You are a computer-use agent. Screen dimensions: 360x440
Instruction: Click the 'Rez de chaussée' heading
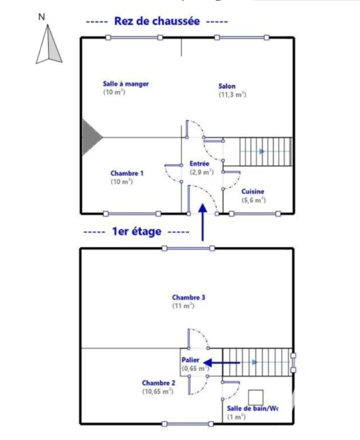pos(157,21)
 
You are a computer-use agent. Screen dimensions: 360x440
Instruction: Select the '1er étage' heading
pos(136,231)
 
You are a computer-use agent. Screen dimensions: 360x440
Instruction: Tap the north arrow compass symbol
pos(49,44)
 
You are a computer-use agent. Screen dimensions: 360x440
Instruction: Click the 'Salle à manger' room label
pos(126,84)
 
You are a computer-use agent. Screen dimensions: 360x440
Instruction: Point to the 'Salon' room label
pos(227,86)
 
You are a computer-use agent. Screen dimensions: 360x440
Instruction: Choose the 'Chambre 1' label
pos(127,173)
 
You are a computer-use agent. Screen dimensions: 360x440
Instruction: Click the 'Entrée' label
pos(199,164)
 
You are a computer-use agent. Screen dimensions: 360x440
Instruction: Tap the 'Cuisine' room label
pos(253,191)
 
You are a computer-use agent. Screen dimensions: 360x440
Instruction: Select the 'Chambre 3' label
pos(189,297)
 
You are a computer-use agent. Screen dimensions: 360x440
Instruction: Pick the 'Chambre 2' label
pos(159,383)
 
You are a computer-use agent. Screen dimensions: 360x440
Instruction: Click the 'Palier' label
pos(190,360)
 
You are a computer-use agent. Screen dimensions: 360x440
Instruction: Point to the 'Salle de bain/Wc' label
pos(252,408)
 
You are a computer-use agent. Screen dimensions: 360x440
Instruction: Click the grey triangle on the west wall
pos(91,137)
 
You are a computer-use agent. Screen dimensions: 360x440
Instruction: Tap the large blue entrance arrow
pos(202,222)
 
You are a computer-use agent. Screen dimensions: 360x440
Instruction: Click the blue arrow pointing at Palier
pos(221,363)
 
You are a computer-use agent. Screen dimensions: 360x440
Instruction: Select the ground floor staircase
pos(265,151)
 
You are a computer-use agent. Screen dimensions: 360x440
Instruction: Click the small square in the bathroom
pos(256,398)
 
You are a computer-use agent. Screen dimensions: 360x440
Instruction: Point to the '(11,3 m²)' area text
pos(233,95)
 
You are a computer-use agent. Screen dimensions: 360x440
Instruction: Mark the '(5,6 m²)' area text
pos(253,200)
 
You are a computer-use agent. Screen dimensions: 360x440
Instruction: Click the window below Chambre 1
pos(132,214)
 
